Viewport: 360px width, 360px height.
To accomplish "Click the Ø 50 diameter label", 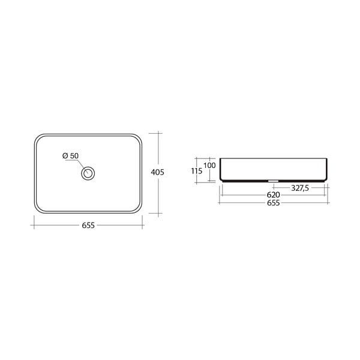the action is [x=70, y=155].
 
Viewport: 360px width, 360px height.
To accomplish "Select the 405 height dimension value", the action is [x=157, y=172].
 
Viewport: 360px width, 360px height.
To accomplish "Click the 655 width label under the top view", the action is [x=88, y=226].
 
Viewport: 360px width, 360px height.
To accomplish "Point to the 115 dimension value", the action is [x=197, y=171].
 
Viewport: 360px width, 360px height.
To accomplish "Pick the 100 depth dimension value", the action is [x=209, y=166].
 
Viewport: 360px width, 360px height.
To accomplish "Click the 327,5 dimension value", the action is [x=300, y=188].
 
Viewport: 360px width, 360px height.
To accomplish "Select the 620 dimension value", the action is [x=273, y=195].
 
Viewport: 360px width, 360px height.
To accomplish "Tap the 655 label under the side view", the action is [x=274, y=203].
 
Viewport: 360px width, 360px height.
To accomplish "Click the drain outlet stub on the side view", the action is [x=273, y=181].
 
